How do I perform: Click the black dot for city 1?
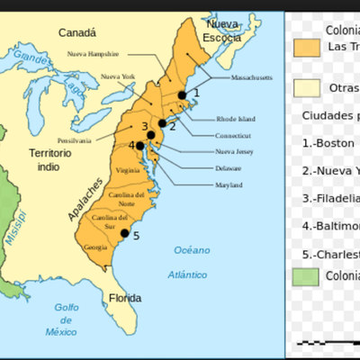pos(182,94)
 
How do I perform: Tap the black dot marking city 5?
pos(125,233)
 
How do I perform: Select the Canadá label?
pos(77,32)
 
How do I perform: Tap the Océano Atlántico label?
pos(191,259)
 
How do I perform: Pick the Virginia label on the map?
pos(128,170)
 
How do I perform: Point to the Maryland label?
pos(229,184)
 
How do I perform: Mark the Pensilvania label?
pos(74,140)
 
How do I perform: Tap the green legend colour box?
pos(307,275)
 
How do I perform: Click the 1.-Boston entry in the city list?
pos(329,142)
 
